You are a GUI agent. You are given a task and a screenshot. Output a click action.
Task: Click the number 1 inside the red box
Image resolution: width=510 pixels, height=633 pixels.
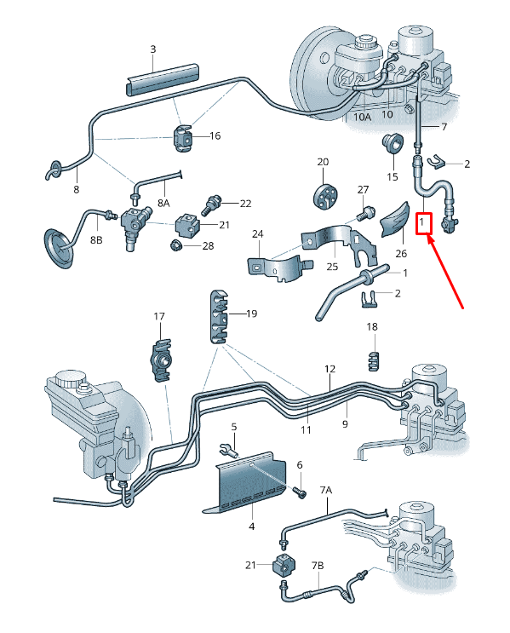pos(423,222)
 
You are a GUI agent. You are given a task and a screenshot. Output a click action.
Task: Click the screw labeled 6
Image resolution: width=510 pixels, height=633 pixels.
pos(298,489)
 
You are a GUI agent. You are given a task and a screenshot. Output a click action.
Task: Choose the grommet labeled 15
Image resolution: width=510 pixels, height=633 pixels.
pos(393,143)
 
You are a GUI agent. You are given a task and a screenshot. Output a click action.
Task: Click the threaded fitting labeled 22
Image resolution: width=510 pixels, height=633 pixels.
pos(212,204)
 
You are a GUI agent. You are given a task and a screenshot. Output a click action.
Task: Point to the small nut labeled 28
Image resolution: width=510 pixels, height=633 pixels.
pos(175,246)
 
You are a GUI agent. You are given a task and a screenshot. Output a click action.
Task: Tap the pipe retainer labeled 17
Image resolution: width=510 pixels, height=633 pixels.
pos(161,359)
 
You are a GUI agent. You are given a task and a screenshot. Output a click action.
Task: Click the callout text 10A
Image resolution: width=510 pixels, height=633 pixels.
pos(362,115)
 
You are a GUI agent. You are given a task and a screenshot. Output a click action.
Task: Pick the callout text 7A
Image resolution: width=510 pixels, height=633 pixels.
pos(325,491)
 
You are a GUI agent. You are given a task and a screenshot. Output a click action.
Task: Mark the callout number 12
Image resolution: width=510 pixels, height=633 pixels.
pos(330,369)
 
